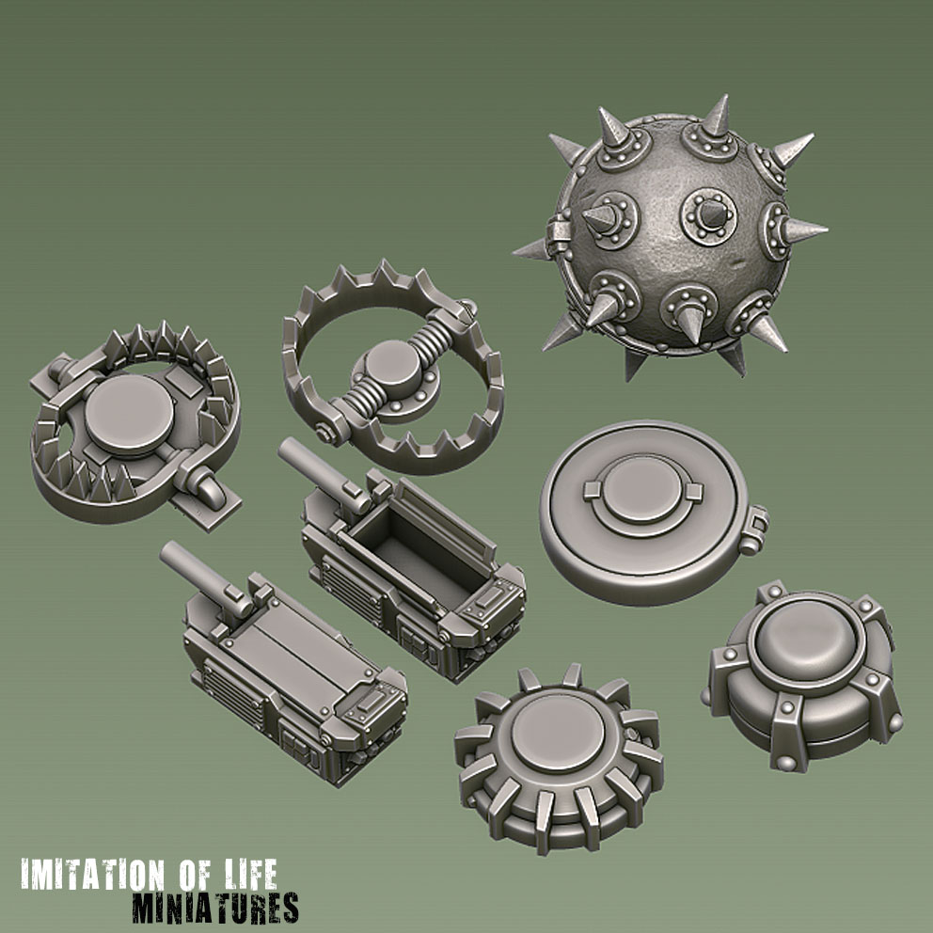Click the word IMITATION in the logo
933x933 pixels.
92,876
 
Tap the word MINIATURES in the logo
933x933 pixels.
215,908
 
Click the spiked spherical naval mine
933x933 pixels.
671,235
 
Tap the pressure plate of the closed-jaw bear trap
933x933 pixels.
130,414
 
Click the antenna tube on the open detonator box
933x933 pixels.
322,474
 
